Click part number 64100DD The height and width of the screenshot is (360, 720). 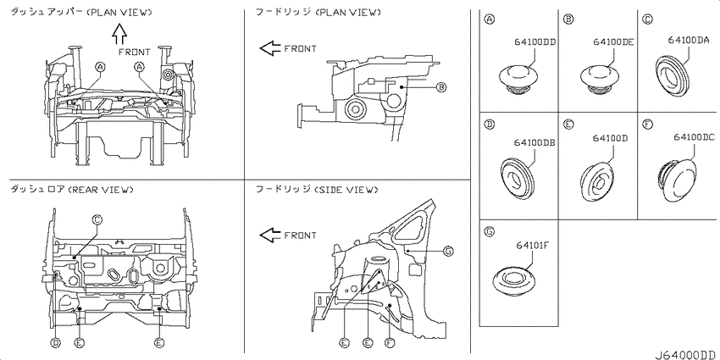point(535,42)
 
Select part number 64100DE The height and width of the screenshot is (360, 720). point(613,42)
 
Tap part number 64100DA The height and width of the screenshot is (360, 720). point(689,40)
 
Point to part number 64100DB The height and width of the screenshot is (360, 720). point(535,142)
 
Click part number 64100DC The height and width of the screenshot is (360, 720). point(694,136)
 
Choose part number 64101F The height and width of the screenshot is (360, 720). point(533,244)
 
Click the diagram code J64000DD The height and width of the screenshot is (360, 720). point(685,354)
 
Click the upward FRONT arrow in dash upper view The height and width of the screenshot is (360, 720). point(119,34)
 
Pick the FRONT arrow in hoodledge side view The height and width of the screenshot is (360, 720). point(270,235)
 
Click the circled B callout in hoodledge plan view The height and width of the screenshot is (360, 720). point(440,87)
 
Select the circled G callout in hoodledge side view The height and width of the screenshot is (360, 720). point(449,251)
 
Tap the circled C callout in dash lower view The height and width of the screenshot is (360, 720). point(97,219)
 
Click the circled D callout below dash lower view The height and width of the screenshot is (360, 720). point(55,342)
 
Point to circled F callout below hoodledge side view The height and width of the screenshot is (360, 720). point(390,342)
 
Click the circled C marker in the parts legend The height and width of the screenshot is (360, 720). point(647,19)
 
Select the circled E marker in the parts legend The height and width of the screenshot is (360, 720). point(568,124)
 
